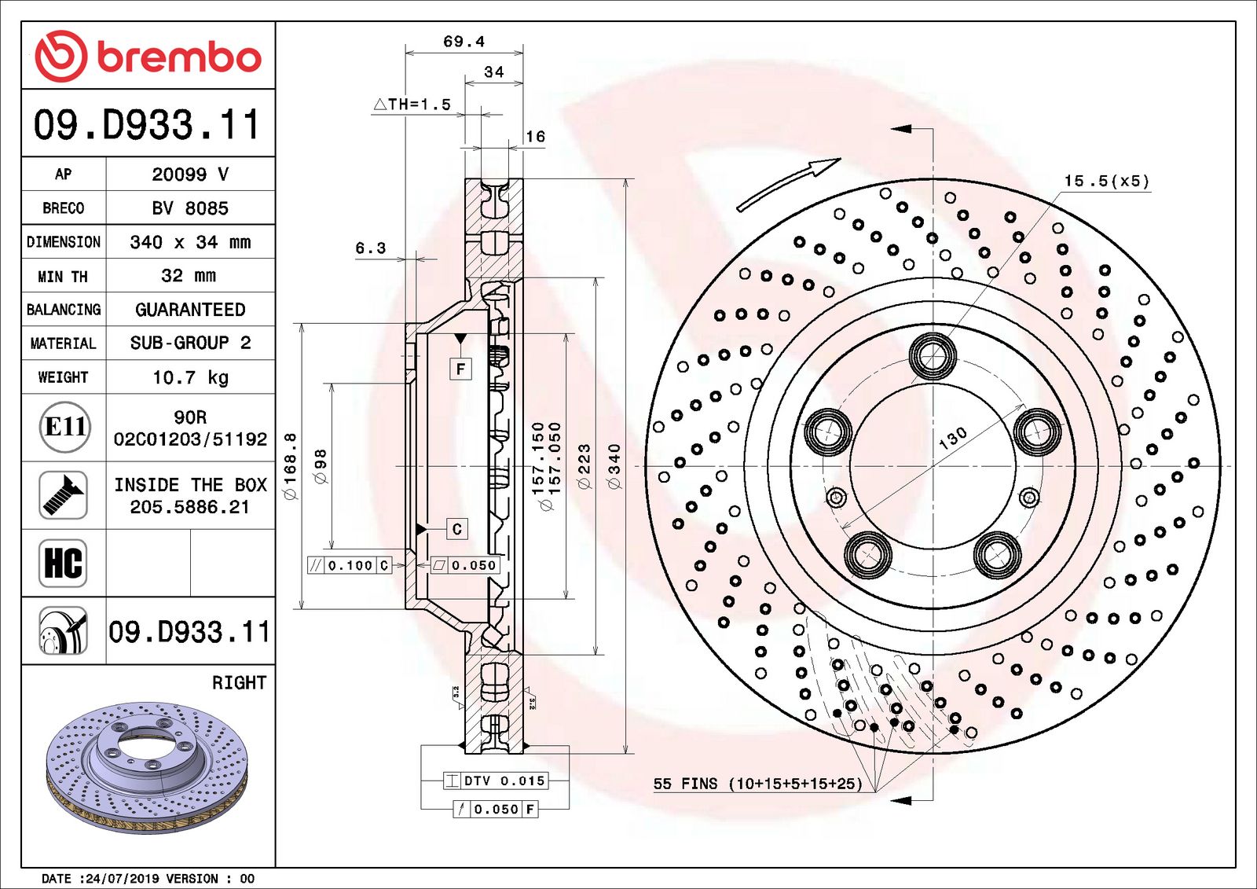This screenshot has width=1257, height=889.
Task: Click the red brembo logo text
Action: pos(179,57)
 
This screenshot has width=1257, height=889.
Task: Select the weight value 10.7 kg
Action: pos(190,377)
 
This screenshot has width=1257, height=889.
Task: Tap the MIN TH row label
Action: pos(63,277)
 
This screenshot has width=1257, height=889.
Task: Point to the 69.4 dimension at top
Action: pos(464,42)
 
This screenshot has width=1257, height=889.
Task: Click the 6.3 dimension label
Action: pos(371,248)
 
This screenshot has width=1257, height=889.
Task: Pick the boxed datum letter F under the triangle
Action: pos(460,369)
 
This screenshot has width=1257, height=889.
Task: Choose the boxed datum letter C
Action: pos(457,529)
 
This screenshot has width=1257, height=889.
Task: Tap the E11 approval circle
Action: pos(64,427)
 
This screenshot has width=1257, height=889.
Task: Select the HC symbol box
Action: pos(63,563)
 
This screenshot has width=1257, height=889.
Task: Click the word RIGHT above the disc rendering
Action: pos(239,682)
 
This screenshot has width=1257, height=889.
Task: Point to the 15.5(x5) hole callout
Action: pos(1106,182)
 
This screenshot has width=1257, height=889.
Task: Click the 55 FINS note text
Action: pos(757,784)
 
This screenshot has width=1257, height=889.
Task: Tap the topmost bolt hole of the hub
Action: pos(933,356)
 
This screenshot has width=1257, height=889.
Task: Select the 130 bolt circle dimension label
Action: pos(952,439)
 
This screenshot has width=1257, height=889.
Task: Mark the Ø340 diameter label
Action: pos(614,466)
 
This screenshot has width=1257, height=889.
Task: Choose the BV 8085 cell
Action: pos(190,208)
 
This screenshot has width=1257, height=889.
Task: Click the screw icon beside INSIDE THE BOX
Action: pos(63,494)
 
